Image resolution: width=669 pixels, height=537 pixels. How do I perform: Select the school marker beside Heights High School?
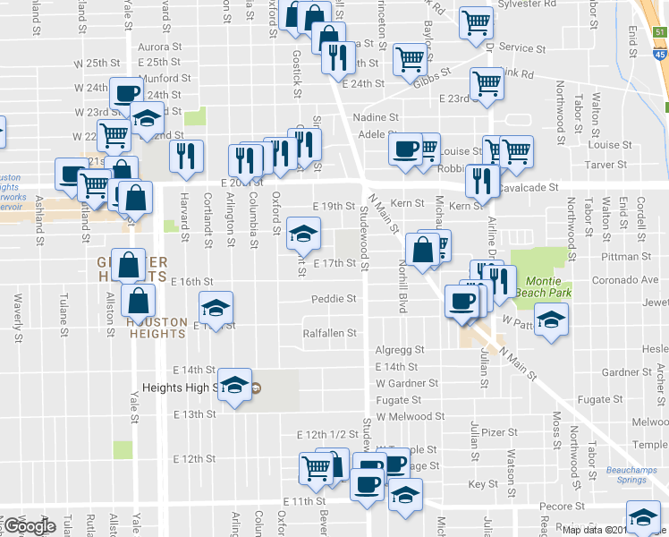[x=234, y=385]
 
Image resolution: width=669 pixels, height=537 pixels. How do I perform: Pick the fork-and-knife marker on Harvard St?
[x=186, y=156]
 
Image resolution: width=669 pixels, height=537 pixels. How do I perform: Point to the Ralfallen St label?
[x=330, y=333]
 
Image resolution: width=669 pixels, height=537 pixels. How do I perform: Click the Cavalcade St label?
[x=531, y=188]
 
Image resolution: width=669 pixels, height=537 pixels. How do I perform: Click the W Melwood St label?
[x=411, y=416]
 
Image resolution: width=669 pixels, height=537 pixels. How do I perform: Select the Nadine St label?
[x=376, y=117]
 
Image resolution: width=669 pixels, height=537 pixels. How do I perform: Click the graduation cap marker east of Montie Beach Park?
[x=554, y=320]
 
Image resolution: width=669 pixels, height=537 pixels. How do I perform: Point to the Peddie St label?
[x=334, y=298]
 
